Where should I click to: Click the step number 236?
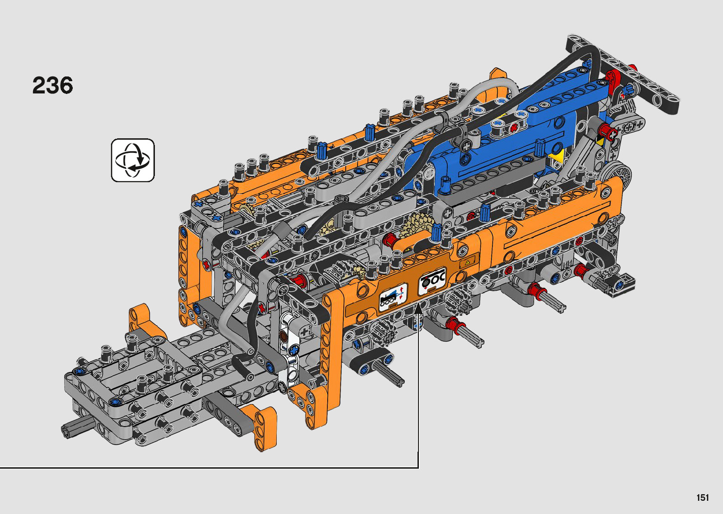52,85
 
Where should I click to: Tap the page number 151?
703,497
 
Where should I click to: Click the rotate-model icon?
133,160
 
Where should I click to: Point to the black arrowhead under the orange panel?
418,309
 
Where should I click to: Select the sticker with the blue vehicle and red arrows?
393,297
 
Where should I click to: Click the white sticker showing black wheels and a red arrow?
432,280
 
